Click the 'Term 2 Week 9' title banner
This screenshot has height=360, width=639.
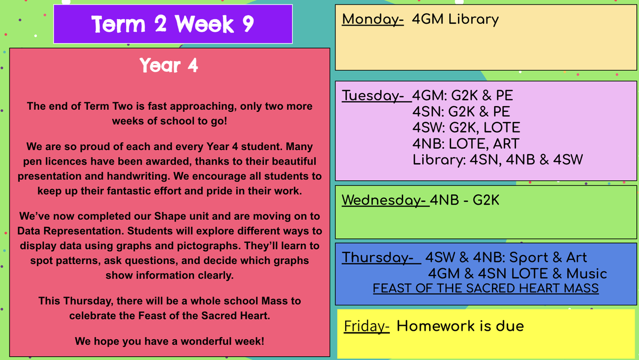(173, 24)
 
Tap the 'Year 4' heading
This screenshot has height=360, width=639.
(169, 66)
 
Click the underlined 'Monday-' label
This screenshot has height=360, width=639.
(373, 20)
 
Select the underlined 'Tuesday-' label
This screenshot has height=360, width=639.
(376, 95)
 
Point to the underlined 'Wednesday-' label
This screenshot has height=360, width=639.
(386, 200)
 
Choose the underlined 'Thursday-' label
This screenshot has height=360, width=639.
(381, 258)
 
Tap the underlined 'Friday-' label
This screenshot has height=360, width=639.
(366, 326)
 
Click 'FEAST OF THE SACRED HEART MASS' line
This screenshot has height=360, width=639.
(486, 288)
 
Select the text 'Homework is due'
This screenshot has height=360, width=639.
(460, 326)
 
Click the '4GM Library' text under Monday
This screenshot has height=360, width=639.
(455, 20)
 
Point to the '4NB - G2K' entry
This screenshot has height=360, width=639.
(464, 200)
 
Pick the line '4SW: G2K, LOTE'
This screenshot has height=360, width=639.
(466, 127)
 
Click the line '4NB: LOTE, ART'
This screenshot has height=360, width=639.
(465, 143)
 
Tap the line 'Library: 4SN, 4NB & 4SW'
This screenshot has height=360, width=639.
(498, 160)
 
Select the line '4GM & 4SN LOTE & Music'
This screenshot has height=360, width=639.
(518, 274)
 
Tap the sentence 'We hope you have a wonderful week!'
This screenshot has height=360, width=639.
(169, 341)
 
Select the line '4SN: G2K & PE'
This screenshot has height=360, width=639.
(461, 111)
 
